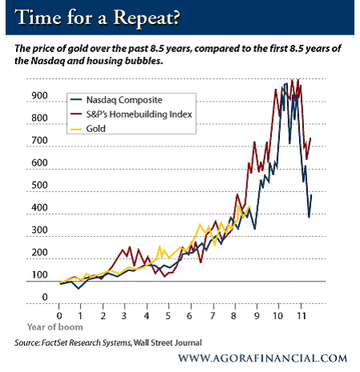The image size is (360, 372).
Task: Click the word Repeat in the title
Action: point(146,18)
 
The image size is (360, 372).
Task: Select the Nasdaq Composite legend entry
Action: point(116,100)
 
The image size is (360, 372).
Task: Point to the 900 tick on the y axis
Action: point(39,95)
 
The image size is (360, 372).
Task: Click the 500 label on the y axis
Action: point(39,185)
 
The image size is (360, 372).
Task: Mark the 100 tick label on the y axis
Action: point(39,274)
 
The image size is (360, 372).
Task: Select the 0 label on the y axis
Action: point(45,297)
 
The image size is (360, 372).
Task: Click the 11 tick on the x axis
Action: point(301,316)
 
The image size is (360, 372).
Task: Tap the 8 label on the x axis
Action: point(234,316)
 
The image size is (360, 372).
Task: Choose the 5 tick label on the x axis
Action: point(168,316)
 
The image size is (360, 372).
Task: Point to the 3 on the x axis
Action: point(124,316)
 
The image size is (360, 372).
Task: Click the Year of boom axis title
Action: point(55,327)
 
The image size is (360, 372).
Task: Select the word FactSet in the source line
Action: point(54,342)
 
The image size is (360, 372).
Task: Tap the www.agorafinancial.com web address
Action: point(262,358)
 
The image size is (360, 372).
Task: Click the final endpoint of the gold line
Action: point(250,206)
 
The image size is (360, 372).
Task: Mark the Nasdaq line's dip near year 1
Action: point(78,289)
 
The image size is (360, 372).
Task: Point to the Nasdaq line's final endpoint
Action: point(311,195)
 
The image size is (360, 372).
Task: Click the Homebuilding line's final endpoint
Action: point(310,138)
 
